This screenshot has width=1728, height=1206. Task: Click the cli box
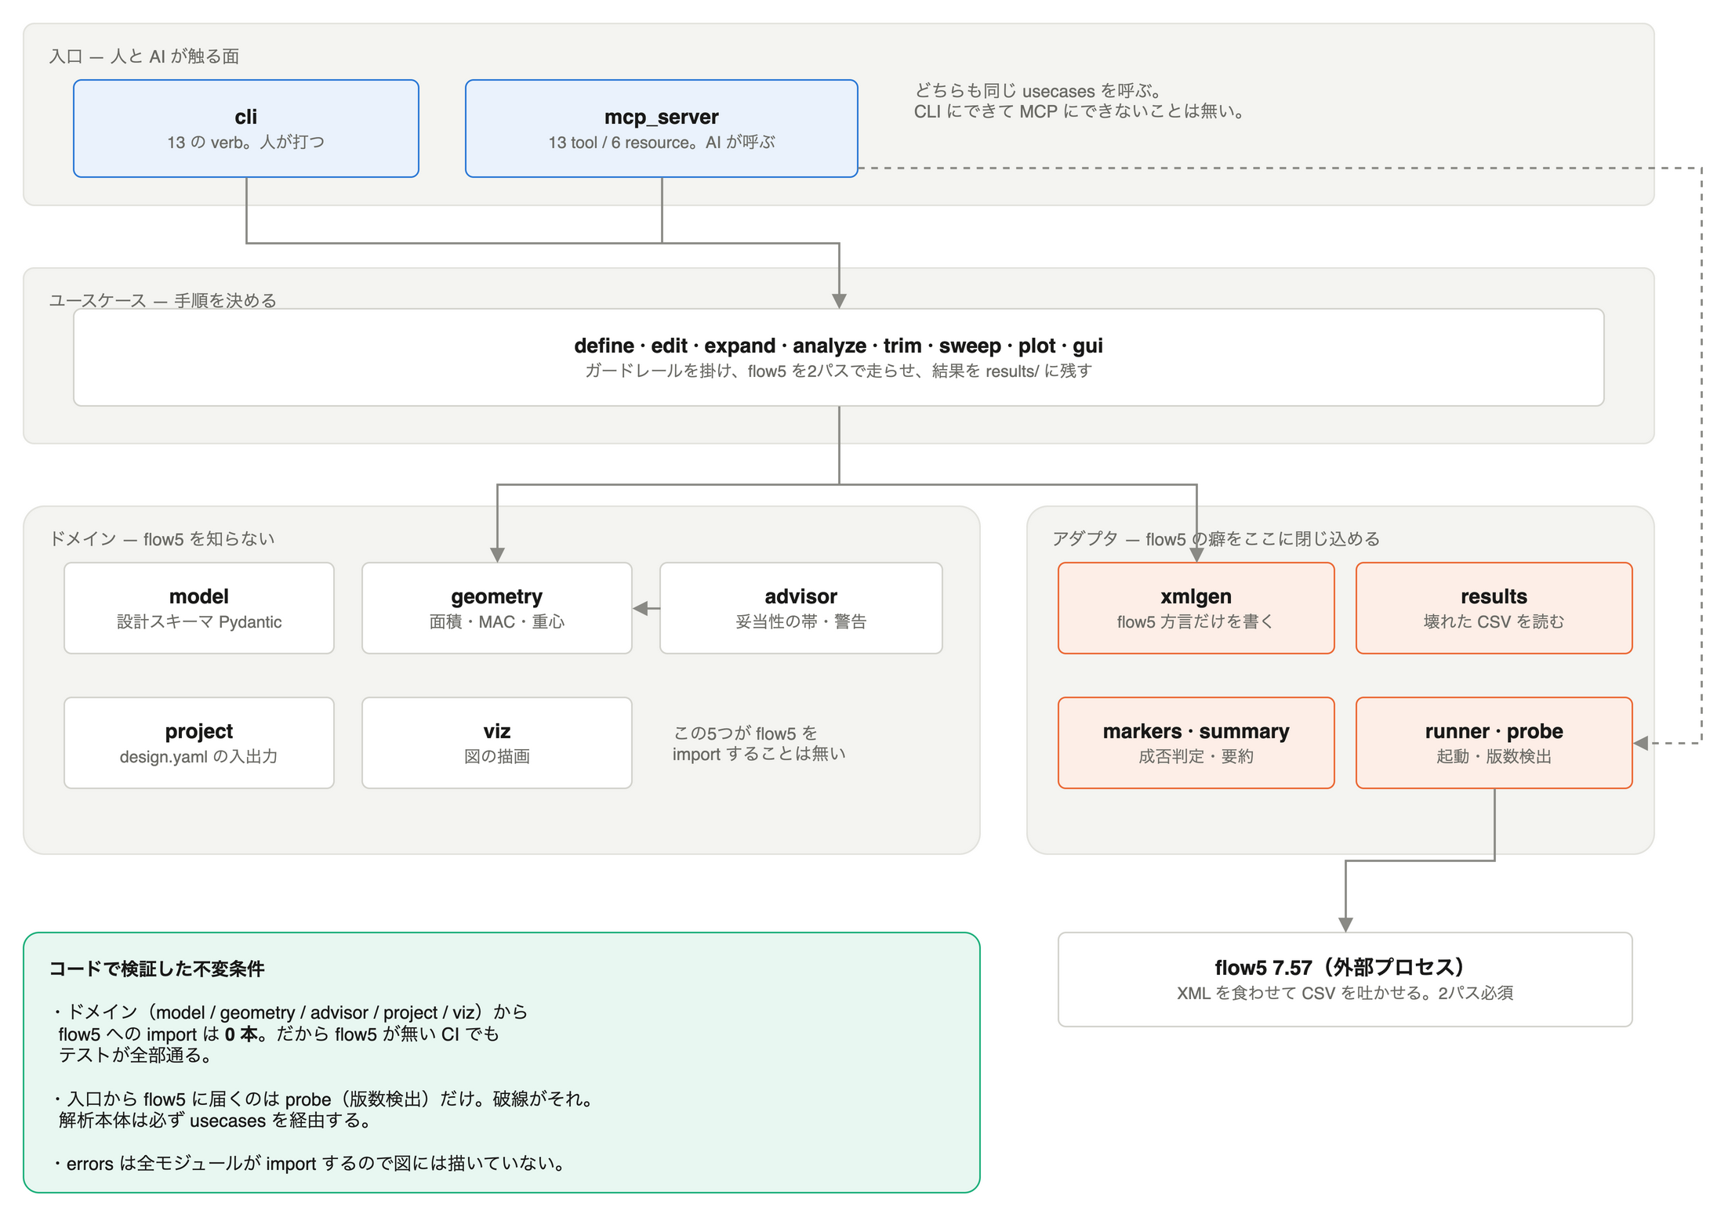(x=246, y=129)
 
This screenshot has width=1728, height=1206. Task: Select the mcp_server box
(x=662, y=129)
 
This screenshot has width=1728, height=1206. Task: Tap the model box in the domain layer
(x=199, y=608)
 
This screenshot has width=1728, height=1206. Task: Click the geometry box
(x=497, y=608)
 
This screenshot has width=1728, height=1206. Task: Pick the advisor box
(x=801, y=608)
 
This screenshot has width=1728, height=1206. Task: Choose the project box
(x=199, y=743)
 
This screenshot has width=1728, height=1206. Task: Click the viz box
(x=497, y=743)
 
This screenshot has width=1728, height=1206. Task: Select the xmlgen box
(x=1196, y=608)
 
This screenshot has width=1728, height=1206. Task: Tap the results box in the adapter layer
(x=1494, y=608)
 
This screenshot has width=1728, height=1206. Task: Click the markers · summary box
(x=1196, y=743)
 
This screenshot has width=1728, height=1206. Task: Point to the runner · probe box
(x=1494, y=743)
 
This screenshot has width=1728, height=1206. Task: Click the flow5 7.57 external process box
(x=1345, y=980)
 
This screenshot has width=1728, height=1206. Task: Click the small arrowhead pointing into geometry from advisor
(x=641, y=608)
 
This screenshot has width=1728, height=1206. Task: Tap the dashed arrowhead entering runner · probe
(x=1641, y=743)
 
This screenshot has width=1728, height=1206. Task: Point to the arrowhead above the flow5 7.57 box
(x=1345, y=924)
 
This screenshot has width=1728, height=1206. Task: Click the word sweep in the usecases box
(x=970, y=346)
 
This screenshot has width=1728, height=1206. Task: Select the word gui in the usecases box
(x=1087, y=346)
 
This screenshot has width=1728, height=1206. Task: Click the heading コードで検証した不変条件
(x=157, y=969)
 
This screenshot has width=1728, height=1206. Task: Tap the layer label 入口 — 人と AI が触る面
(x=144, y=56)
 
